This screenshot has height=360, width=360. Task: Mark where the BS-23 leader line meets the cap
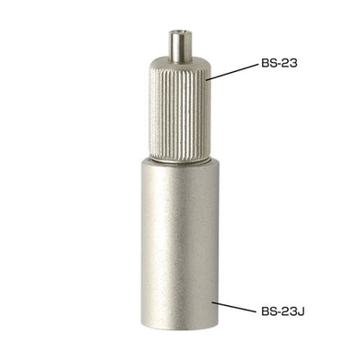pos(208,79)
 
